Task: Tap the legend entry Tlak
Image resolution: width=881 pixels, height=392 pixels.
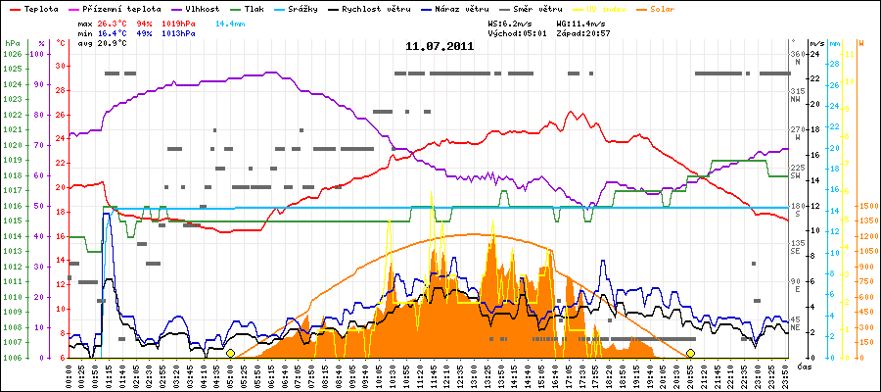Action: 258,8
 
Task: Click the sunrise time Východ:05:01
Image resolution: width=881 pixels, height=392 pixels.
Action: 515,32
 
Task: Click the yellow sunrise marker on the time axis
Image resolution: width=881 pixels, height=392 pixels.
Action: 230,353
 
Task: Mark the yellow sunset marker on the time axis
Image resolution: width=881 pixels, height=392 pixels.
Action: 690,353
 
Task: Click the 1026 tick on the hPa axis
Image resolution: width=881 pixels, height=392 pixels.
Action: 12,54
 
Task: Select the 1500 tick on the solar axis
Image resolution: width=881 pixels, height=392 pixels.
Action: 867,206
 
